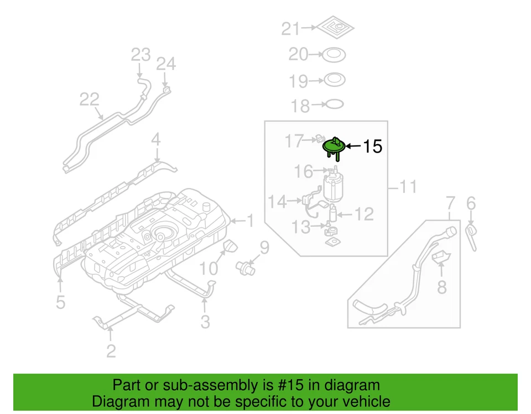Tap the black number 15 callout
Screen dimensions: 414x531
tap(372, 146)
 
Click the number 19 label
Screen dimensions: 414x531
tap(298, 81)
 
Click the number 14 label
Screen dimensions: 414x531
tap(278, 202)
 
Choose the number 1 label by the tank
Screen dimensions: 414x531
tap(249, 221)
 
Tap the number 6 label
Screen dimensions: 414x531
tap(471, 204)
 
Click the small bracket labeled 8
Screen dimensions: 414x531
tap(441, 257)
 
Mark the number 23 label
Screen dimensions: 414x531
tap(140, 55)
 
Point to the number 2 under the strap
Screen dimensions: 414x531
tap(111, 350)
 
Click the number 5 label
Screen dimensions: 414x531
tap(60, 302)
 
